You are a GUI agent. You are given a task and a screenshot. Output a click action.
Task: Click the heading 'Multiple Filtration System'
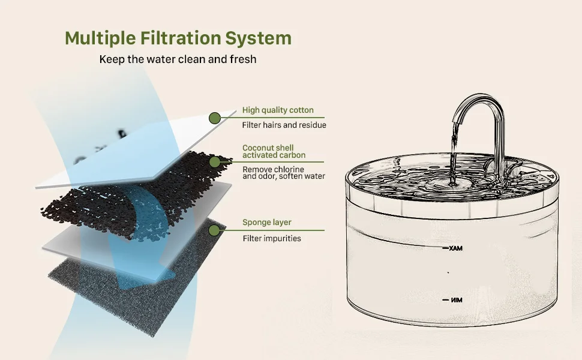click(178, 38)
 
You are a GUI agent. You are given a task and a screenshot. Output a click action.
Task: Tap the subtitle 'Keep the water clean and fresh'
click(178, 59)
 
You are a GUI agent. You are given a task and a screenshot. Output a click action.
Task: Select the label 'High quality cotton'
click(278, 110)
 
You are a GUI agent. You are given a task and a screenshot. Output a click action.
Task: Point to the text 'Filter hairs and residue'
click(284, 125)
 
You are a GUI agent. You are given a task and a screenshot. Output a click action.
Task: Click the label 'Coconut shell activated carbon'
click(274, 151)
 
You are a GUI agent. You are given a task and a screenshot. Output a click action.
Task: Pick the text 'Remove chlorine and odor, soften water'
click(284, 173)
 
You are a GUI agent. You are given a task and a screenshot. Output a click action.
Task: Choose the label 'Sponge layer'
click(267, 223)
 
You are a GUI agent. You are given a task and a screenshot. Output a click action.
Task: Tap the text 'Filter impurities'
click(272, 238)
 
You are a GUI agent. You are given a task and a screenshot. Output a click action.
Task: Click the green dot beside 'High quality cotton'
click(215, 118)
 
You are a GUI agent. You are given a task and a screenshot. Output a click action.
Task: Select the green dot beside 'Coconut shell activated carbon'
click(215, 162)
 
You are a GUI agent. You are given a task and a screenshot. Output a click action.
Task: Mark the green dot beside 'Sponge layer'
click(214, 230)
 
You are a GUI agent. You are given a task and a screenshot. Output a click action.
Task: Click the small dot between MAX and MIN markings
click(448, 273)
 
